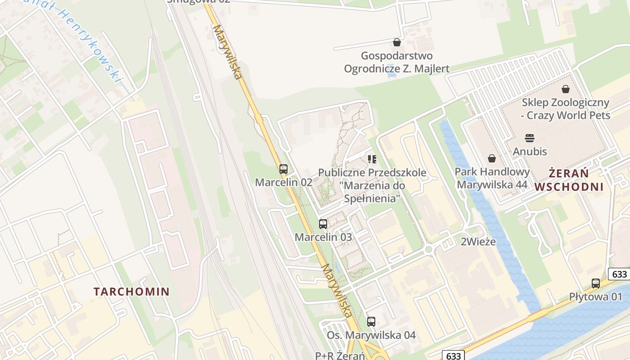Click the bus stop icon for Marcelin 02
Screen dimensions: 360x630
pyautogui.click(x=283, y=169)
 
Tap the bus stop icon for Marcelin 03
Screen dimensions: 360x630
pyautogui.click(x=323, y=224)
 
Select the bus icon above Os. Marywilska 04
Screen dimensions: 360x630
pyautogui.click(x=371, y=322)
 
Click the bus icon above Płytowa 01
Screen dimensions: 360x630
pyautogui.click(x=596, y=283)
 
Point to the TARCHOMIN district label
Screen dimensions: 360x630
pyautogui.click(x=131, y=292)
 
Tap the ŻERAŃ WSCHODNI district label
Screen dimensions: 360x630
pyautogui.click(x=569, y=180)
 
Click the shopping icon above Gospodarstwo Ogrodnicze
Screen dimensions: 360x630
pyautogui.click(x=396, y=42)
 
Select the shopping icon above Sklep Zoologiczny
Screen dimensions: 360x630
pyautogui.click(x=566, y=89)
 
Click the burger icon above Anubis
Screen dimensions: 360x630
pyautogui.click(x=530, y=138)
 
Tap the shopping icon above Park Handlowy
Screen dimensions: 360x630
pyautogui.click(x=492, y=158)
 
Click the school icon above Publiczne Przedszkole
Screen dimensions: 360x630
pyautogui.click(x=372, y=159)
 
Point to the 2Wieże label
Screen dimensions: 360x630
pyautogui.click(x=478, y=242)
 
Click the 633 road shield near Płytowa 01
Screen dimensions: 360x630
pyautogui.click(x=620, y=274)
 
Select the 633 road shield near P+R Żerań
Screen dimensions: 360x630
pyautogui.click(x=454, y=356)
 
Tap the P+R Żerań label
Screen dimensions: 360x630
pyautogui.click(x=340, y=355)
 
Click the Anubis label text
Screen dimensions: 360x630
pyautogui.click(x=530, y=151)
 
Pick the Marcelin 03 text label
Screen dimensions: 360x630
pyautogui.click(x=323, y=237)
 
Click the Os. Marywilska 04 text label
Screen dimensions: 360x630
pyautogui.click(x=371, y=335)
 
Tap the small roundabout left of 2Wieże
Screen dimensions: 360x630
pyautogui.click(x=428, y=249)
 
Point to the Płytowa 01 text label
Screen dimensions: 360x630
pyautogui.click(x=595, y=297)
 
